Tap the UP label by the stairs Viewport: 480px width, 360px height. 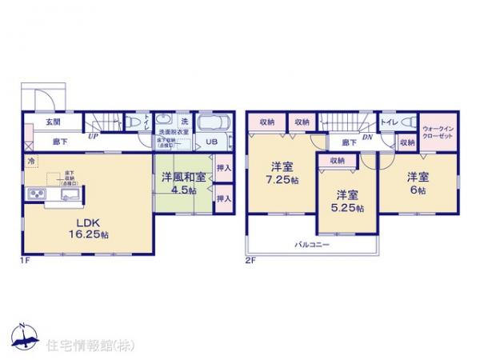pyautogui.click(x=94, y=136)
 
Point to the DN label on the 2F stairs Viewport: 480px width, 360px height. pyautogui.click(x=366, y=138)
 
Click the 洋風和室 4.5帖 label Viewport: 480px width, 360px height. pyautogui.click(x=184, y=184)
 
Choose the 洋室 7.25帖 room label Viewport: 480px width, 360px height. pyautogui.click(x=280, y=174)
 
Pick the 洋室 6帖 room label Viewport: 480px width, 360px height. pyautogui.click(x=414, y=182)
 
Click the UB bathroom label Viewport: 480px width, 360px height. pyautogui.click(x=212, y=142)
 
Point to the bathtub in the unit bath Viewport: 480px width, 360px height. pyautogui.click(x=213, y=123)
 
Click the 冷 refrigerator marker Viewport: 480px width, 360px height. pyautogui.click(x=31, y=162)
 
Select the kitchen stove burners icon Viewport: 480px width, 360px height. pyautogui.click(x=37, y=194)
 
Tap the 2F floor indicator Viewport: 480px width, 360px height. pyautogui.click(x=250, y=260)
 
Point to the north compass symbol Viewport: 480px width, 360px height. pyautogui.click(x=25, y=335)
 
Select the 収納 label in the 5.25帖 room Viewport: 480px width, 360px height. pyautogui.click(x=336, y=161)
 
